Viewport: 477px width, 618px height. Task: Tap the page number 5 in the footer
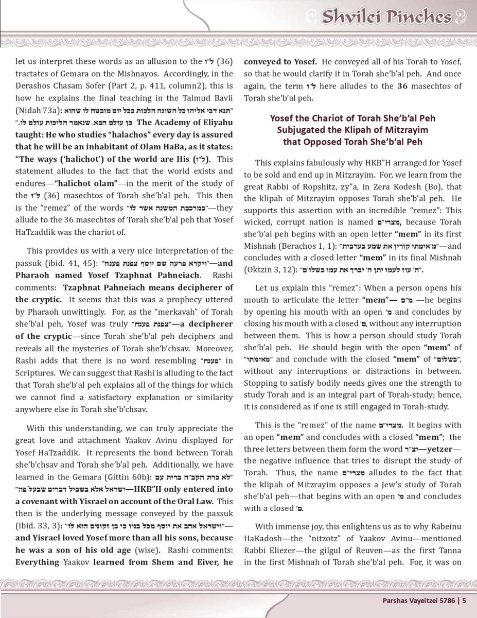(x=464, y=599)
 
